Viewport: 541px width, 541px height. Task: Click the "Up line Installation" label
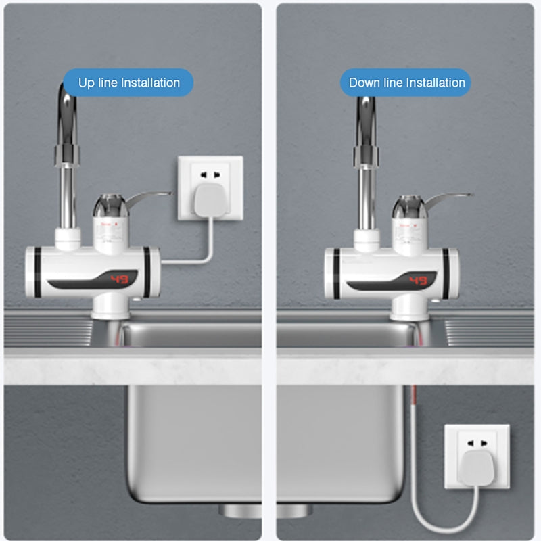coord(128,83)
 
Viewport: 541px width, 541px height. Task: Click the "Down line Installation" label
coord(406,83)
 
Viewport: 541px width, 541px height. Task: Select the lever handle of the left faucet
coord(150,198)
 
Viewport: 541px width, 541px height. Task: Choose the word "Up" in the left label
coord(87,83)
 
